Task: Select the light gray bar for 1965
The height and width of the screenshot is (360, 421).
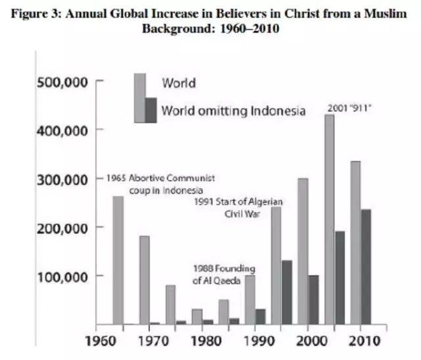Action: [118, 260]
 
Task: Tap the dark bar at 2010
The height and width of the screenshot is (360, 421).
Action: [365, 267]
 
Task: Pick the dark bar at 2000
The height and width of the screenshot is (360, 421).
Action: [312, 299]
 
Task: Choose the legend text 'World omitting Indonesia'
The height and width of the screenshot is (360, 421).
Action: [233, 110]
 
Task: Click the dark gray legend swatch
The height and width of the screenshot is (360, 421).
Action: [151, 110]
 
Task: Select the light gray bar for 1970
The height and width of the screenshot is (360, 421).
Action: [144, 280]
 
